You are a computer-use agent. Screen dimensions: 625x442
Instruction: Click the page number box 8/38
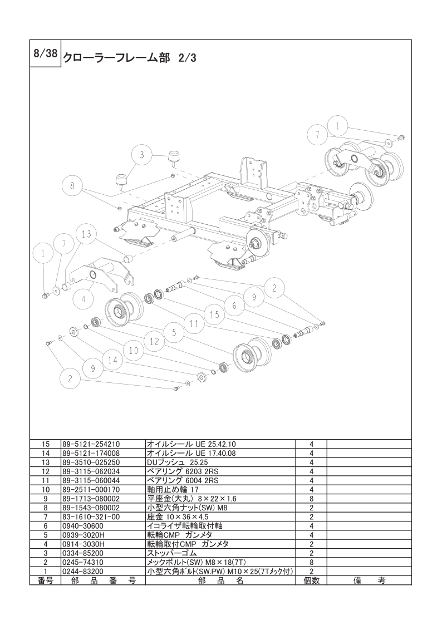(x=44, y=53)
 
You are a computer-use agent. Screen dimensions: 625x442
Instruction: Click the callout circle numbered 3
(x=142, y=156)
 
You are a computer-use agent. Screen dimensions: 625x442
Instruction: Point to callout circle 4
(x=82, y=299)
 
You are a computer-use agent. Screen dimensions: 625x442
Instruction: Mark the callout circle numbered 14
(x=113, y=360)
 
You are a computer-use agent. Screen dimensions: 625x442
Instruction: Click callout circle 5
(x=174, y=333)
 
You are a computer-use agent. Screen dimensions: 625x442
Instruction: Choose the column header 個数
(x=312, y=580)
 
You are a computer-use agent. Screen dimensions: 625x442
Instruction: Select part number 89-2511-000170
(x=91, y=490)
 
